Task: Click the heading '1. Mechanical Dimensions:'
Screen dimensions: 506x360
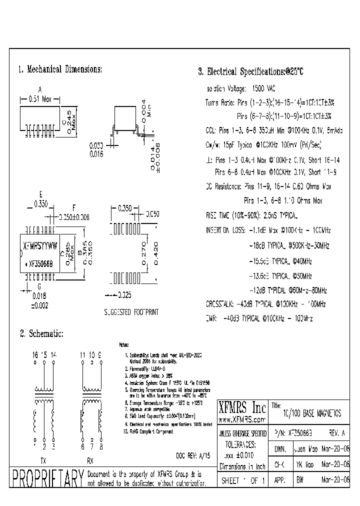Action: click(x=60, y=70)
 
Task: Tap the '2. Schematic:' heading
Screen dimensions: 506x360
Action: click(x=41, y=333)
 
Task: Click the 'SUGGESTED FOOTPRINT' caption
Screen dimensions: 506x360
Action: click(x=131, y=312)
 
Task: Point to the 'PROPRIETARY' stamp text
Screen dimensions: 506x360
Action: click(x=47, y=479)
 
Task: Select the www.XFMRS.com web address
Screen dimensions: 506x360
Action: click(x=242, y=419)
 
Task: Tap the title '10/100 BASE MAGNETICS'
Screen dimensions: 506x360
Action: click(x=312, y=413)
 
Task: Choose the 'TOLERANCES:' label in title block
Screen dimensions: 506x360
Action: click(x=242, y=443)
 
